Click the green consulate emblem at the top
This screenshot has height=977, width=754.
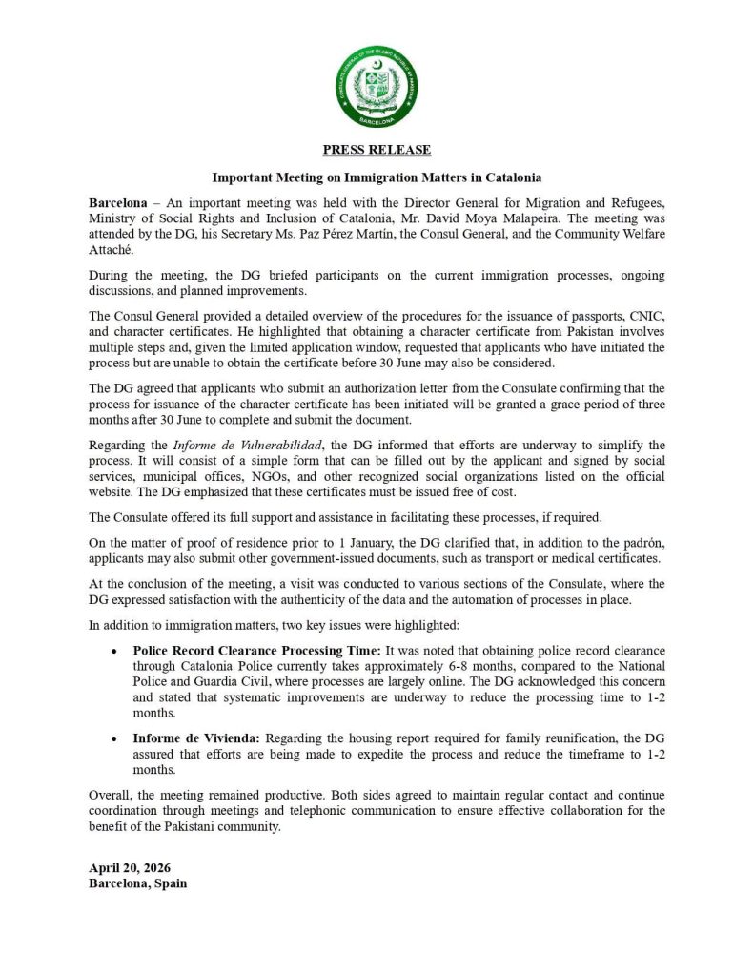point(377,87)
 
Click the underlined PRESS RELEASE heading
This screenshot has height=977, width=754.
point(377,150)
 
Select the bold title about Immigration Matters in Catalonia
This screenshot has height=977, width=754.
point(377,177)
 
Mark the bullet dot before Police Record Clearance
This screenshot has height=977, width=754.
point(113,651)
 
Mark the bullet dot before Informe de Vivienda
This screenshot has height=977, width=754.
point(113,738)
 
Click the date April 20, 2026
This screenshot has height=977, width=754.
point(130,867)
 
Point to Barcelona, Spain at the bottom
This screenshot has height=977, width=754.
point(137,883)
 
